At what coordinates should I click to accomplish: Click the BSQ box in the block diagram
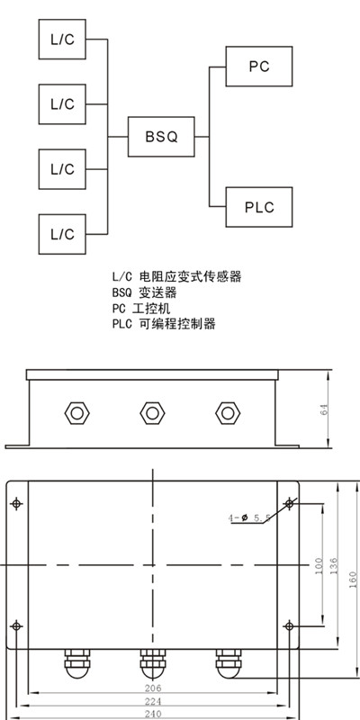(x=161, y=137)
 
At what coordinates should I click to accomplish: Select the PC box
(x=259, y=66)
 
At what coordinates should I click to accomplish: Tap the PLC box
(x=259, y=207)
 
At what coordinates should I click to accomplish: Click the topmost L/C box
(x=62, y=39)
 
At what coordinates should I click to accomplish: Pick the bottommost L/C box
(x=62, y=234)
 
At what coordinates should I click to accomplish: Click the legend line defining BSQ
(x=145, y=292)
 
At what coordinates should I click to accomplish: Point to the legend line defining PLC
(x=164, y=324)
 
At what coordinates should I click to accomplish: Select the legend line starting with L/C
(x=176, y=276)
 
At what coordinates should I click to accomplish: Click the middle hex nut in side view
(x=152, y=413)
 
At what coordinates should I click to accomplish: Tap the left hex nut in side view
(x=77, y=413)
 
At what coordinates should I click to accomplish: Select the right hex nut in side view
(x=228, y=413)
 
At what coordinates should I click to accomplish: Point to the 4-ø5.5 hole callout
(x=249, y=518)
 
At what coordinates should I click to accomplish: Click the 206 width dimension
(x=153, y=688)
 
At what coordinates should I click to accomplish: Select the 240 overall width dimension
(x=153, y=715)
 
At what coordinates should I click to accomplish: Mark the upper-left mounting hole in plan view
(x=16, y=504)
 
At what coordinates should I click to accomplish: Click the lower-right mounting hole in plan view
(x=289, y=625)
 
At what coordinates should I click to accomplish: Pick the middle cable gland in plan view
(x=152, y=663)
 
